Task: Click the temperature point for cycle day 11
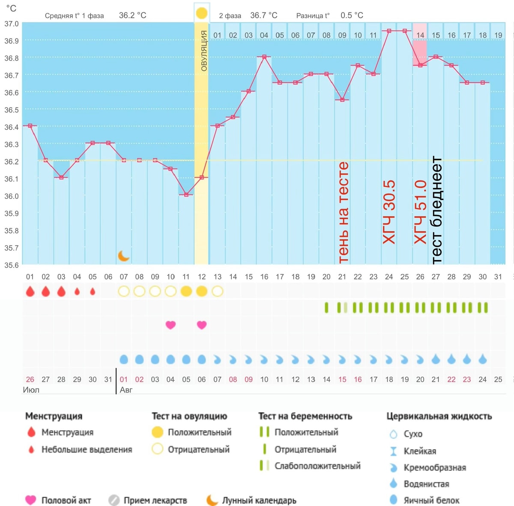[x=186, y=195]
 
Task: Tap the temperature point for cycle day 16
[x=264, y=57]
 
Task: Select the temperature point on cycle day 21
[x=342, y=100]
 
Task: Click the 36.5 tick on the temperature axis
[x=12, y=110]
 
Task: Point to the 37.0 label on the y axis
[x=12, y=24]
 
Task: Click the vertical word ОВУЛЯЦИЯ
[x=204, y=51]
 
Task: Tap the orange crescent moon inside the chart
[x=123, y=256]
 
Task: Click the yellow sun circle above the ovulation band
[x=202, y=13]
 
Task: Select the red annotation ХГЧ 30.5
[x=389, y=212]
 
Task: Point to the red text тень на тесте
[x=343, y=213]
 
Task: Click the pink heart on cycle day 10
[x=171, y=325]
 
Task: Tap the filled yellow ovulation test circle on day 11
[x=186, y=291]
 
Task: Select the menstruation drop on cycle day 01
[x=30, y=291]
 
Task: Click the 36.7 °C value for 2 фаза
[x=263, y=15]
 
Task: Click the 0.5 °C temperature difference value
[x=352, y=15]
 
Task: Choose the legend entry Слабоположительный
[x=317, y=466]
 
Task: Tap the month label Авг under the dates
[x=126, y=390]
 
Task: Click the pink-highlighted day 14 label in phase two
[x=420, y=35]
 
